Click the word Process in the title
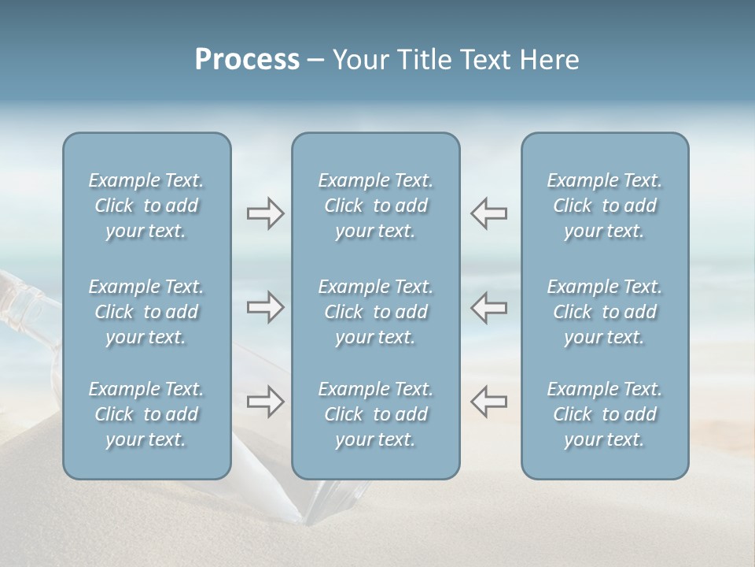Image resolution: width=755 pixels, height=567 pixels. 247,60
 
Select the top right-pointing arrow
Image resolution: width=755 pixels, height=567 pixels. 265,213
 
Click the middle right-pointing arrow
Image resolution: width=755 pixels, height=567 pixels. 265,307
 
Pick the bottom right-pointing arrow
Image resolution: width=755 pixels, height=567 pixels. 265,402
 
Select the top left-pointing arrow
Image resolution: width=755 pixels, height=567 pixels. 488,213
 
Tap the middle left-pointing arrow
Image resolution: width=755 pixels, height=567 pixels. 488,307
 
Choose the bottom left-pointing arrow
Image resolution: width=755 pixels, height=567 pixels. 488,402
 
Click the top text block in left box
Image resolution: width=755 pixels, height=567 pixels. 146,206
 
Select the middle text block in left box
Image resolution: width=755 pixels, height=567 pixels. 146,312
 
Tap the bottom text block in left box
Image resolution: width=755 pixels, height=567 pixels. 146,414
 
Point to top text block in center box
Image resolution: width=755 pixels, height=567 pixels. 375,206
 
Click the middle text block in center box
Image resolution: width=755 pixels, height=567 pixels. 375,312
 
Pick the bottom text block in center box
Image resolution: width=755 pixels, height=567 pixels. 375,414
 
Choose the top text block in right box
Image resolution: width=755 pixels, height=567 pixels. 604,206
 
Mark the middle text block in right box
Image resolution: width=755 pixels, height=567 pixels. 604,312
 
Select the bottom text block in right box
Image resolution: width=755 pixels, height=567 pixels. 604,414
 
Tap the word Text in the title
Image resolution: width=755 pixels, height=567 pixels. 479,60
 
